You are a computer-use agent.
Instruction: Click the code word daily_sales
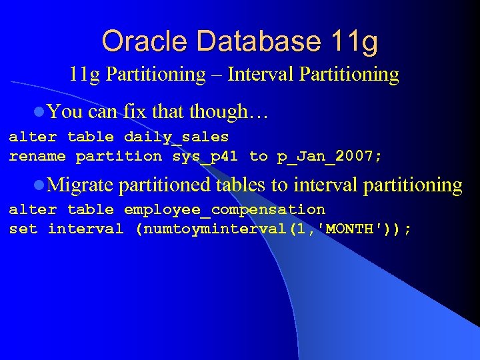tap(176, 137)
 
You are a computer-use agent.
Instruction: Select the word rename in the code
tap(37, 157)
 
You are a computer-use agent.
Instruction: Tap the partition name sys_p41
tap(205, 157)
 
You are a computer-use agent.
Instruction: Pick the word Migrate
tap(80, 185)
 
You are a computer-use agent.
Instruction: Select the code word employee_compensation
tap(225, 210)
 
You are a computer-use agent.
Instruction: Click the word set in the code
tap(23, 229)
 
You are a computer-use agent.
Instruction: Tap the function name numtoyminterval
tap(211, 229)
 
